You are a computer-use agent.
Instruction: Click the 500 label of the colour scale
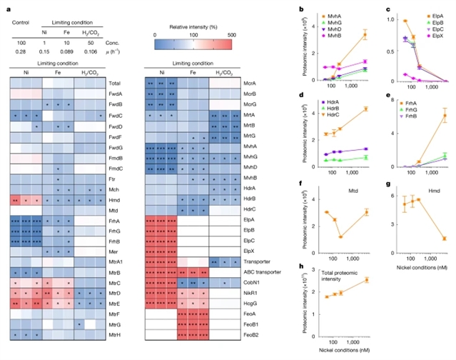tap(233, 33)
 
